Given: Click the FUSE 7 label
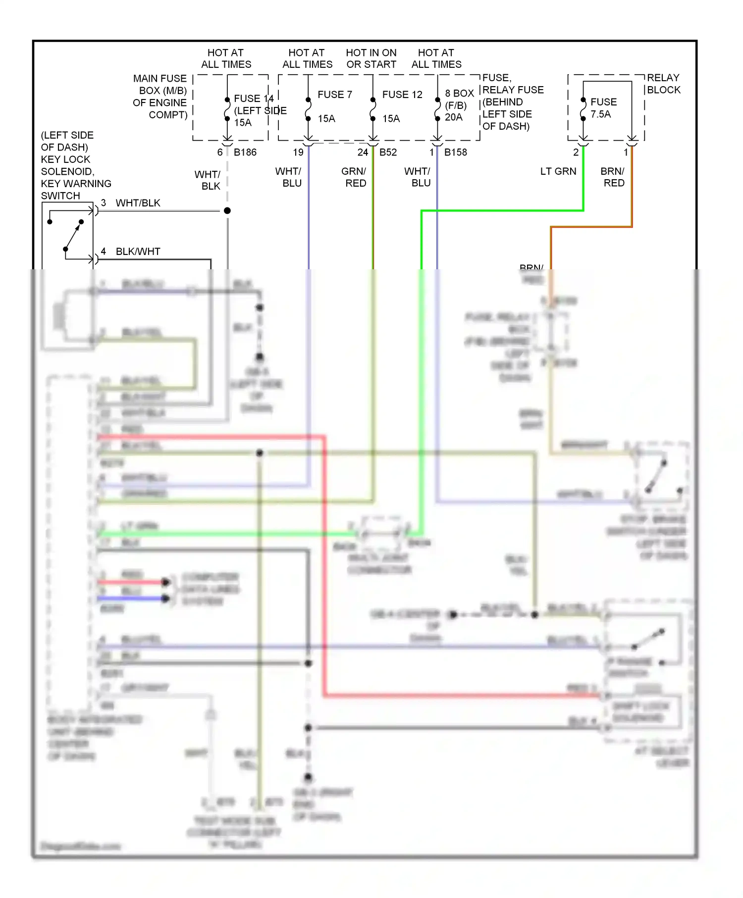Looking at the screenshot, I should click(334, 95).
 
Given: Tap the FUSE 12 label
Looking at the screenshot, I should click(402, 95).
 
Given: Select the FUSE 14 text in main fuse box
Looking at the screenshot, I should click(254, 99).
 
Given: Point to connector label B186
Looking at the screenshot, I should click(245, 152).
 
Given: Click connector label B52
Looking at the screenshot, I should click(388, 152).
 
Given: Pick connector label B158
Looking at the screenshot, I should click(455, 152).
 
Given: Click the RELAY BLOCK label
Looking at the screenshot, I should click(663, 84).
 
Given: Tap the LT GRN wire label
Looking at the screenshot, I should click(558, 171).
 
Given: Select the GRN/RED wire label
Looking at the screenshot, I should click(354, 177).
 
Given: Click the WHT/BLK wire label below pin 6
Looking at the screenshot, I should click(208, 180).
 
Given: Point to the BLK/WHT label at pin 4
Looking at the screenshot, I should click(138, 251).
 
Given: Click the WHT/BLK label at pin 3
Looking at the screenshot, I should click(138, 203).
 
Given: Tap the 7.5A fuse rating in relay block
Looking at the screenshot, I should click(600, 114).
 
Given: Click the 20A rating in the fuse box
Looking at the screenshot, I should click(453, 117).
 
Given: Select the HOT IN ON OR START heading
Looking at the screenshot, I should click(371, 58).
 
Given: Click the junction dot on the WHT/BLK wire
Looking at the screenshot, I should click(227, 211).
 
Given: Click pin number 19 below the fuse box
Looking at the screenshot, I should click(298, 152).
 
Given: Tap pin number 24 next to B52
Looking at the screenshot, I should click(363, 152).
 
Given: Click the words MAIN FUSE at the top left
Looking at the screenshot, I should click(159, 79).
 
